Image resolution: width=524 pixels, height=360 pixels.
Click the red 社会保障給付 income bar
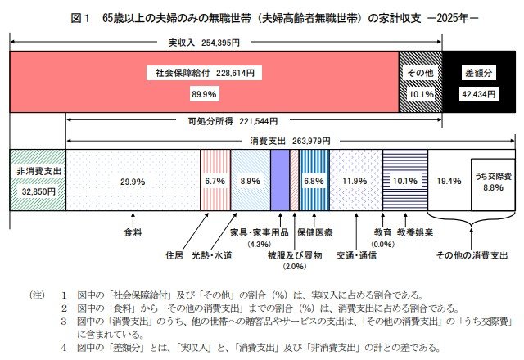coord(205,82)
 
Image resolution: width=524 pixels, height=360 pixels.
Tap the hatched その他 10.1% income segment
coord(419,82)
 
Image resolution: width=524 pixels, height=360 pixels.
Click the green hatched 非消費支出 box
coord(37,180)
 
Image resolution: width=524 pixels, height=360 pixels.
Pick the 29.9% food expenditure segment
coord(133,180)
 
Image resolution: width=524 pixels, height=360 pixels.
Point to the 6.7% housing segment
coord(215,180)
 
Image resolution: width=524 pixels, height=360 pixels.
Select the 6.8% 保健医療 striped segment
coord(314,180)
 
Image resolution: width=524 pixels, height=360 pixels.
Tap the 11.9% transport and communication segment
coord(355,180)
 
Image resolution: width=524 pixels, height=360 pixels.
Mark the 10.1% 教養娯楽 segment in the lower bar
coord(405,180)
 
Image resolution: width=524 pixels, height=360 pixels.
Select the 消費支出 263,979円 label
coord(282,140)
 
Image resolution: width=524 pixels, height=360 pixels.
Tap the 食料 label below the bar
coord(133,232)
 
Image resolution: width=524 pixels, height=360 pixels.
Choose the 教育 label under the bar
coord(382,232)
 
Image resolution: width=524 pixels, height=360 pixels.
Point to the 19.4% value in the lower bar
coord(447,180)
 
